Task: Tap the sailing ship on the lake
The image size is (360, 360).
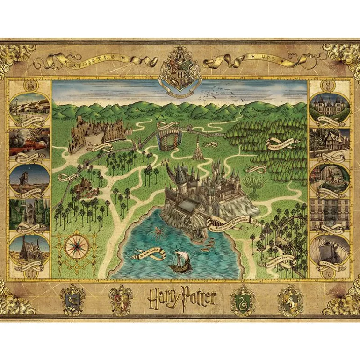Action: tap(180, 260)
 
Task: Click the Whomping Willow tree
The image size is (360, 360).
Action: tap(254, 183)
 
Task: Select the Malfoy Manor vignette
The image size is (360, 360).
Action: tap(330, 108)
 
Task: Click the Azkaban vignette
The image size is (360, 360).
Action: tap(330, 250)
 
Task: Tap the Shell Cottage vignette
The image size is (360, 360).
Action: tap(29, 250)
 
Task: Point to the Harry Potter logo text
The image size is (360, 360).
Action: tap(182, 299)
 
